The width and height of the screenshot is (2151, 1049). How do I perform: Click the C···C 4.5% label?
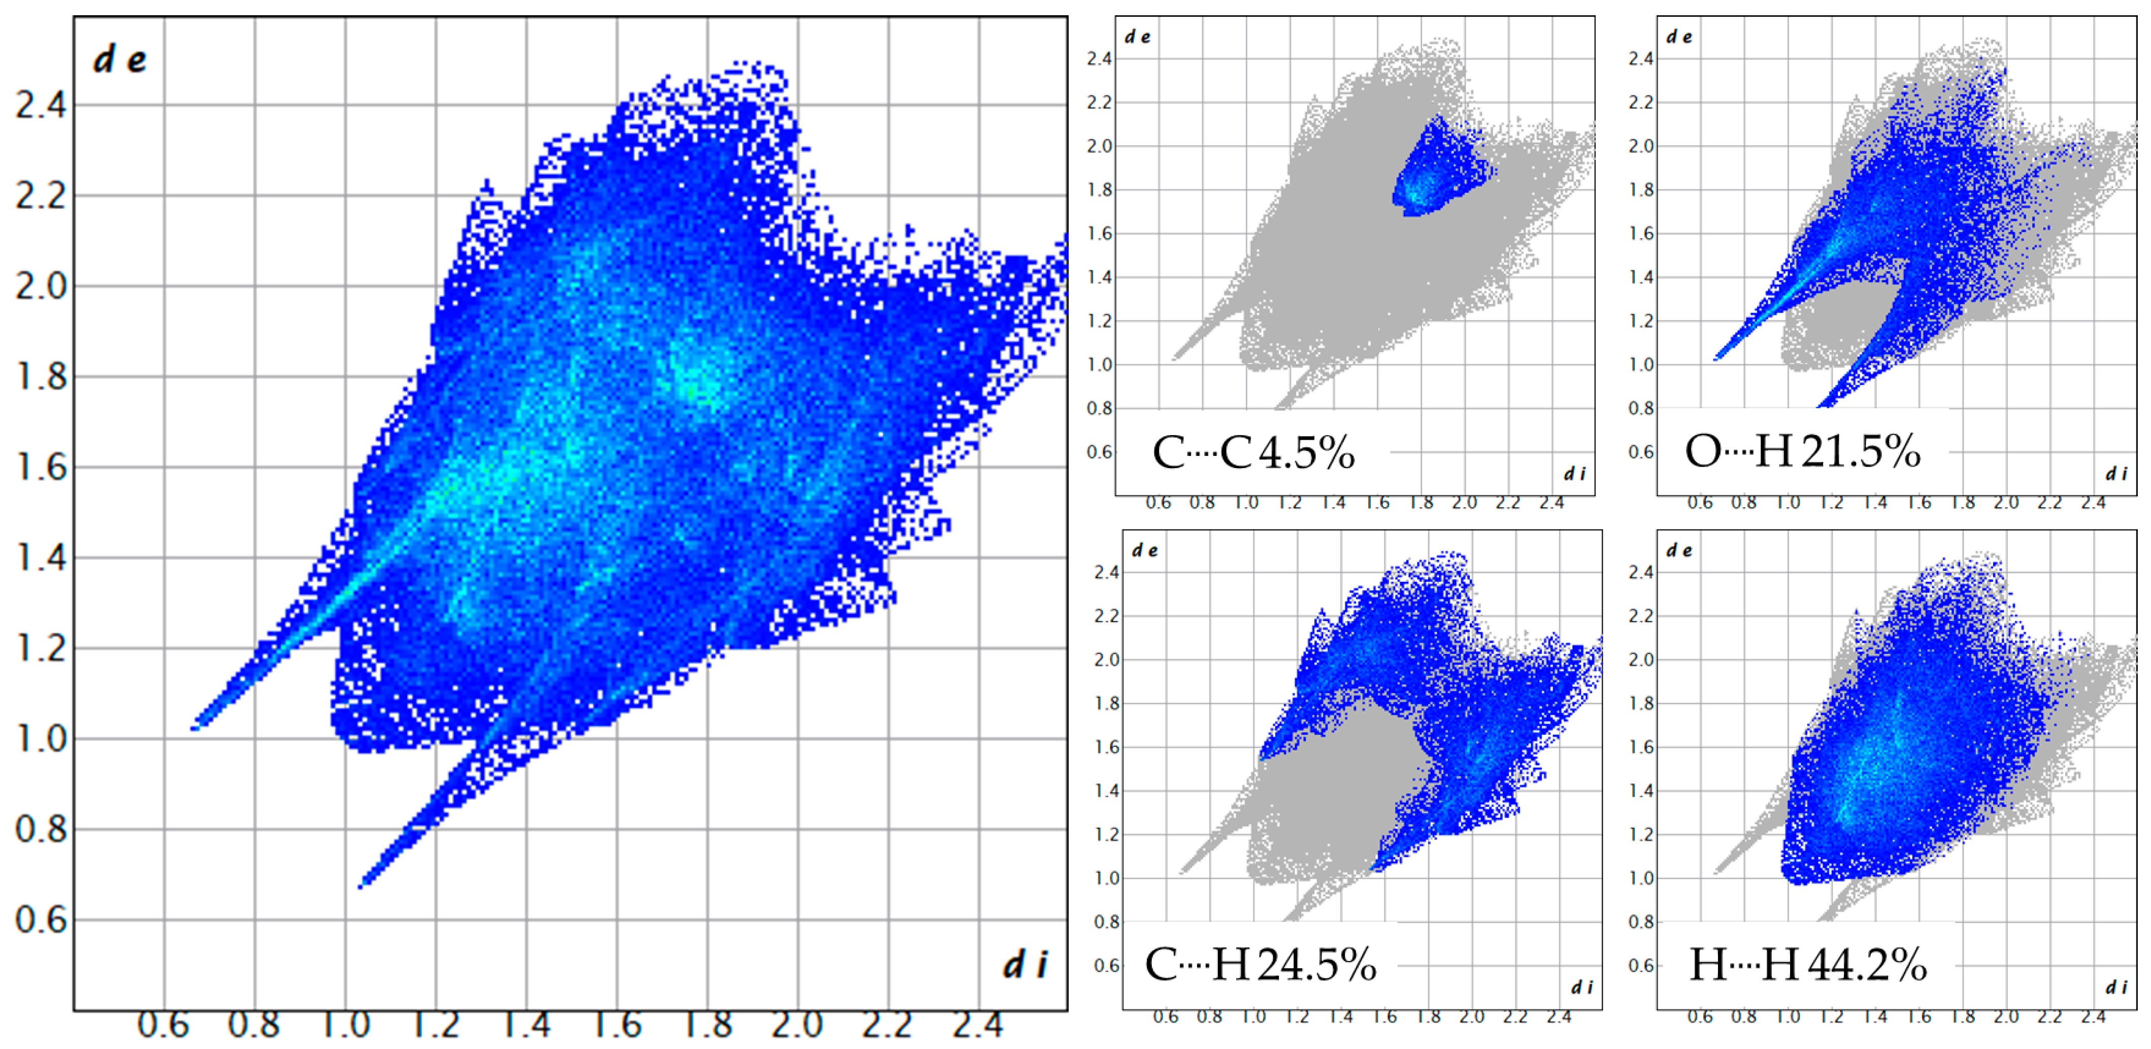click(x=1252, y=453)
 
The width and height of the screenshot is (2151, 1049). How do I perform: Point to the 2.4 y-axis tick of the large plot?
click(x=40, y=106)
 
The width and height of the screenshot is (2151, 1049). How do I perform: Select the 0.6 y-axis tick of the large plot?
click(x=40, y=920)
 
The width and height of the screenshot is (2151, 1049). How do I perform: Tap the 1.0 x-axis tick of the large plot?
click(x=345, y=1024)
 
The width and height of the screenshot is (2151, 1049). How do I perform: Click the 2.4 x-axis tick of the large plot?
click(x=978, y=1024)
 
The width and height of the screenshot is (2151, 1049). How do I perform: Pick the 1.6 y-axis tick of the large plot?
click(x=40, y=468)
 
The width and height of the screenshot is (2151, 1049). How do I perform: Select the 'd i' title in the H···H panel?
click(x=2116, y=987)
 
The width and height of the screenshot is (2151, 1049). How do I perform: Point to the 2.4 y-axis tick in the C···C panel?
click(x=1099, y=58)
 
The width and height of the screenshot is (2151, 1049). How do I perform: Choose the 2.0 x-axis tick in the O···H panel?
click(x=2006, y=503)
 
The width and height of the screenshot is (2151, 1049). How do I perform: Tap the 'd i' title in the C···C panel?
click(x=1574, y=474)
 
